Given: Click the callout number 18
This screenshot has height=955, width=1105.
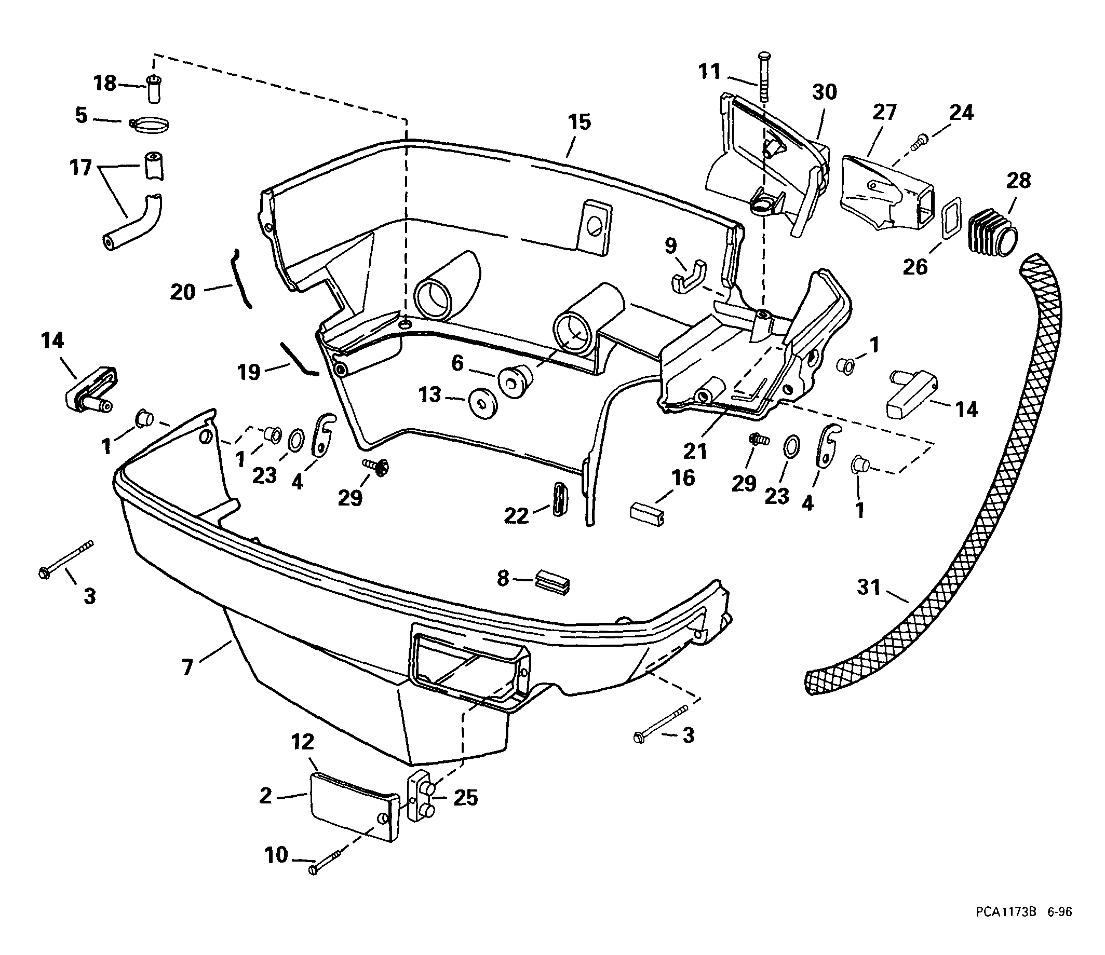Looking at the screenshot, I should click(x=105, y=83).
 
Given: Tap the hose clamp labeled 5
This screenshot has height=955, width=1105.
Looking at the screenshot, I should click(x=150, y=126).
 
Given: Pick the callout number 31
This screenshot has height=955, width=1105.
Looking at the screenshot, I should click(x=868, y=588).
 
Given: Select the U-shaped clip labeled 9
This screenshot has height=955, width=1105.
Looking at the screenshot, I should click(x=688, y=278).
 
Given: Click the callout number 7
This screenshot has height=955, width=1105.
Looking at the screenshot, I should click(x=187, y=667).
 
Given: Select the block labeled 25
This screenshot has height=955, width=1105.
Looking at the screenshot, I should click(x=421, y=798).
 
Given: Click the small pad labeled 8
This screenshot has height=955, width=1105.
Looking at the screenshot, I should click(x=552, y=582).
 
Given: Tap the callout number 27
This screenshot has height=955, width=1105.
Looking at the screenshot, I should click(x=885, y=113).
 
